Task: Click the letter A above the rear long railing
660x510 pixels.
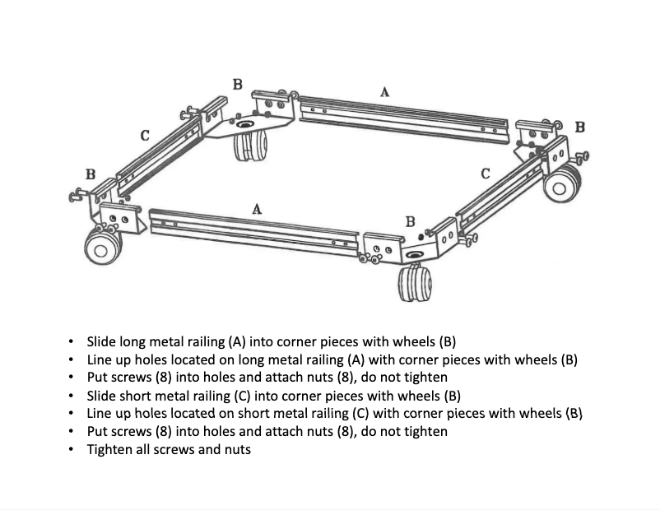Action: (384, 93)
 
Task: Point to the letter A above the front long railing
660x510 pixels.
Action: (257, 209)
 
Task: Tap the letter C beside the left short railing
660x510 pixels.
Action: (145, 136)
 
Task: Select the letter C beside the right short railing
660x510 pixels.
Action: (486, 174)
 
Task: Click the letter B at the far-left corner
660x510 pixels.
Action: (91, 174)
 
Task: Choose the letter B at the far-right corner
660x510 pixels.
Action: (579, 127)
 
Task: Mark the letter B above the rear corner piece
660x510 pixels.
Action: (238, 84)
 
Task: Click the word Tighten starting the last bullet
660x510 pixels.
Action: (111, 449)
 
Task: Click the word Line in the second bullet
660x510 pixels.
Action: (100, 359)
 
